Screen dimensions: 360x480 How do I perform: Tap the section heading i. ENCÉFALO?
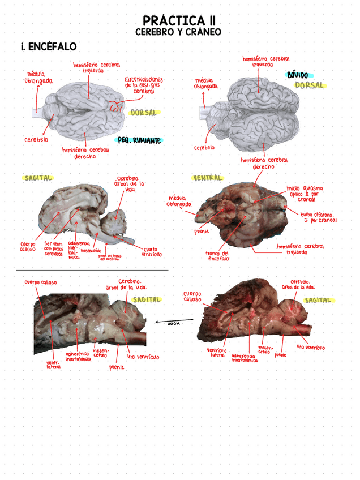click(x=49, y=46)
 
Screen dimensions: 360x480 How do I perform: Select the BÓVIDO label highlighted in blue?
click(x=298, y=75)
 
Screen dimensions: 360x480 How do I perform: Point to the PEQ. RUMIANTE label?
click(x=139, y=140)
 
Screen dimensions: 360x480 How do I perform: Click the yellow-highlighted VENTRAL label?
click(x=208, y=178)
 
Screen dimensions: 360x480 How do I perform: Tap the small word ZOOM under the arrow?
click(x=173, y=324)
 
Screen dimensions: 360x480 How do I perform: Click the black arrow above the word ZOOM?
click(x=174, y=319)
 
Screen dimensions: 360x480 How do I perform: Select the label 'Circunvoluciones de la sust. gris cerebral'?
click(x=144, y=85)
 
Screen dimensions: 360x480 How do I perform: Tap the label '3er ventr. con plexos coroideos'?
click(x=54, y=250)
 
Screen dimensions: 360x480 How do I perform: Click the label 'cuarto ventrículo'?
click(x=151, y=252)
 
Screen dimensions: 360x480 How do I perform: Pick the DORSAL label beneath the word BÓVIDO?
click(x=309, y=85)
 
